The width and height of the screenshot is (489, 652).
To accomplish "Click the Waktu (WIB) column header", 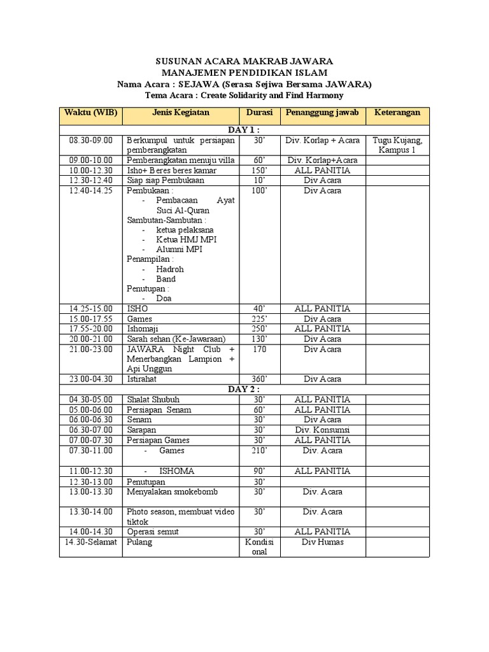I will click(x=90, y=113).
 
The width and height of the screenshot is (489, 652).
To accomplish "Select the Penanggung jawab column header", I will click(x=322, y=113).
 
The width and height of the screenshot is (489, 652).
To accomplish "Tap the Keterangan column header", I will click(x=397, y=113).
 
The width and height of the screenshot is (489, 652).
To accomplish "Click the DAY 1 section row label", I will click(x=244, y=130).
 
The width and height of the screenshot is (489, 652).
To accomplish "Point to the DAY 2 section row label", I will click(x=244, y=389).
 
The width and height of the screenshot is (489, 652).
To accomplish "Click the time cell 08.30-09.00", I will click(x=90, y=140).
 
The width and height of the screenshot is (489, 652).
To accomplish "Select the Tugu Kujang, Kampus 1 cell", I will click(x=397, y=145).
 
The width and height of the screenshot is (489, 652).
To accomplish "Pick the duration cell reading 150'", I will click(x=259, y=171).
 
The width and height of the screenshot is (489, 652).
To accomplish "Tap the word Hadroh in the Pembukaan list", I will click(x=170, y=269).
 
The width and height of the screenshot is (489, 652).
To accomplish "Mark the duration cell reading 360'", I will click(x=259, y=379).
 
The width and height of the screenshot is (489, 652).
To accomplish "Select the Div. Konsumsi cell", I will click(x=322, y=430).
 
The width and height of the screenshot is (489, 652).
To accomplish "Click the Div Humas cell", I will click(x=322, y=542).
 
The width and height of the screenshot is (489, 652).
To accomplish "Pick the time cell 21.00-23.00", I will click(x=90, y=349).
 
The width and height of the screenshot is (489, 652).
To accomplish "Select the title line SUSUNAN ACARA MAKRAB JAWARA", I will click(x=244, y=61).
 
